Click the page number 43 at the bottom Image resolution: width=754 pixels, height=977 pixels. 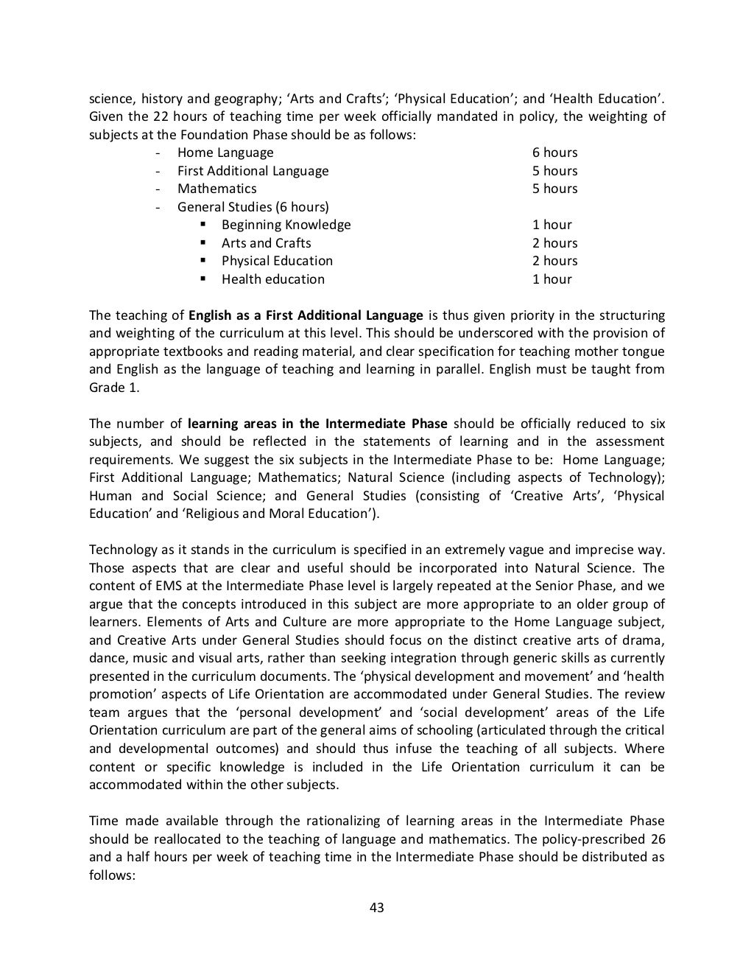(376, 908)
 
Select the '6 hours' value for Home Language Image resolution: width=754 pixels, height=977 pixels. (554, 153)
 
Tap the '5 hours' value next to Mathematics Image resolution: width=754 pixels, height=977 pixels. (554, 189)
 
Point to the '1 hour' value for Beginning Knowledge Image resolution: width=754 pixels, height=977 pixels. (552, 225)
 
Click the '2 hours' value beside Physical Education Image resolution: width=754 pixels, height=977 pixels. (554, 261)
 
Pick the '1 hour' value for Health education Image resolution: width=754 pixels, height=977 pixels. (552, 279)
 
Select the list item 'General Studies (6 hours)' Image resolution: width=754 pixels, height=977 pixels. (253, 207)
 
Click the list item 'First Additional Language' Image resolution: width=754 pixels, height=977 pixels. (253, 171)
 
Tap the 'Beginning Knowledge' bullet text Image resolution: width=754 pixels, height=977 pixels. (286, 225)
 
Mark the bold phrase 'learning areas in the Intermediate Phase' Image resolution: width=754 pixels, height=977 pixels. (317, 424)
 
